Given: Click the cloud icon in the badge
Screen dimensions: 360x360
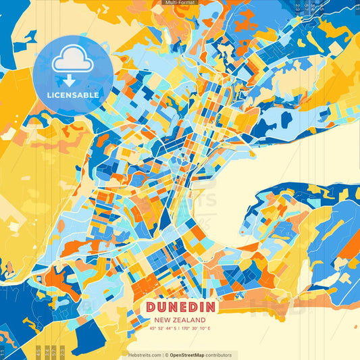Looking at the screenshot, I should point(72,59).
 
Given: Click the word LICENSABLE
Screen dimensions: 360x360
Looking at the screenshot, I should point(73,95).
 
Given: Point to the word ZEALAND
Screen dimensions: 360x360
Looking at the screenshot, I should point(190,319).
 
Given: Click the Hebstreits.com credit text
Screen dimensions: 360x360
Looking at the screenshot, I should point(145,355).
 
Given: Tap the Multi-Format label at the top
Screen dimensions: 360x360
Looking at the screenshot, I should point(180,3).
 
